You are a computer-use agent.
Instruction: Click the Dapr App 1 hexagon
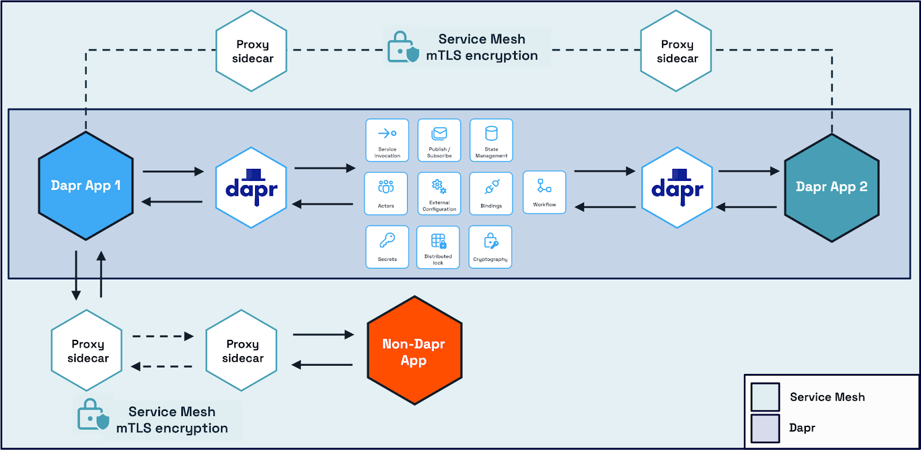click(x=86, y=186)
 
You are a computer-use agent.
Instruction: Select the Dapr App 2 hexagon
click(x=831, y=187)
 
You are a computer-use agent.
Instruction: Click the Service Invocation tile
click(x=387, y=140)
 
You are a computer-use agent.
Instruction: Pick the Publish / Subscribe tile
click(x=439, y=140)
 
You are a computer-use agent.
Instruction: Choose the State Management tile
click(x=491, y=140)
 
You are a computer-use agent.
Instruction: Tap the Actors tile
click(x=386, y=194)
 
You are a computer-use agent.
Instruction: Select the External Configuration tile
click(x=439, y=194)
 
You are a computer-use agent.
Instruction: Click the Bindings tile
click(x=491, y=194)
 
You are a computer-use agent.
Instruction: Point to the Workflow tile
click(x=545, y=192)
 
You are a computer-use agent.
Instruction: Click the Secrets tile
click(x=387, y=247)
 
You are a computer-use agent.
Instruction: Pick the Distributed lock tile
click(x=438, y=247)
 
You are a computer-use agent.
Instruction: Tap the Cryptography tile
click(x=490, y=247)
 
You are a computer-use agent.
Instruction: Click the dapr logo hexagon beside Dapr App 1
click(x=251, y=187)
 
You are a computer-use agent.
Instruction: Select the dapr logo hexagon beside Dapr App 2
click(x=677, y=187)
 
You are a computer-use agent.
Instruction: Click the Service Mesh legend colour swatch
click(x=765, y=397)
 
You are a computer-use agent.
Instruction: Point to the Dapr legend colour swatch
click(x=765, y=428)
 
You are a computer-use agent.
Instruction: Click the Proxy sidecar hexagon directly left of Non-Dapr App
click(x=242, y=350)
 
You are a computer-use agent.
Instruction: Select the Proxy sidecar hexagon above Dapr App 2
click(x=676, y=51)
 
